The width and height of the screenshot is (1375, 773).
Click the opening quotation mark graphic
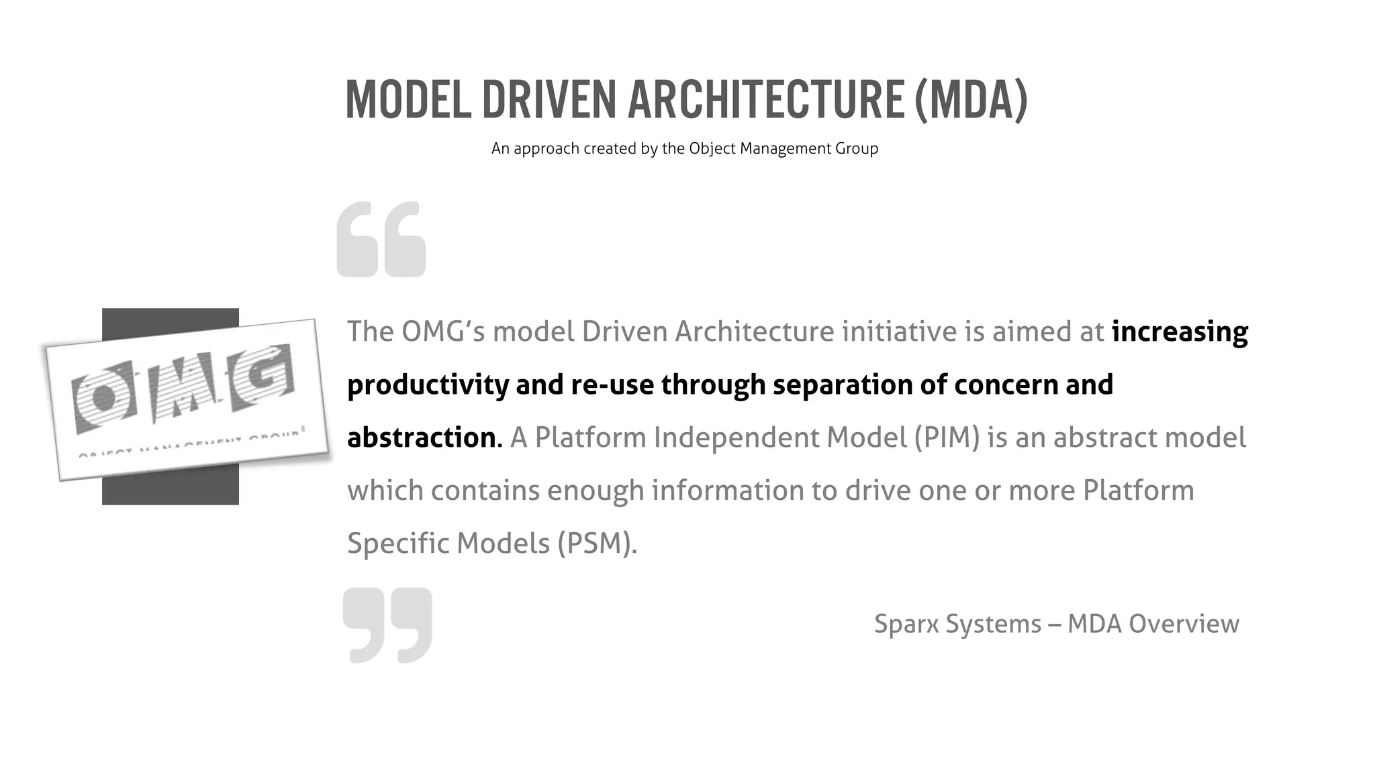tap(381, 239)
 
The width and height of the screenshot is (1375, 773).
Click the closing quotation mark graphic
tap(387, 625)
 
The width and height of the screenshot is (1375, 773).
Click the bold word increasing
tap(1180, 331)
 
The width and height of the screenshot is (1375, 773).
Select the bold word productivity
tap(427, 385)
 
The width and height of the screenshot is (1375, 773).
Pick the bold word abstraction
tap(421, 437)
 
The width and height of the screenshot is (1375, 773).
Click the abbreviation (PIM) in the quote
tap(947, 437)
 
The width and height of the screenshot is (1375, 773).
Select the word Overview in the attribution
tap(1184, 623)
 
